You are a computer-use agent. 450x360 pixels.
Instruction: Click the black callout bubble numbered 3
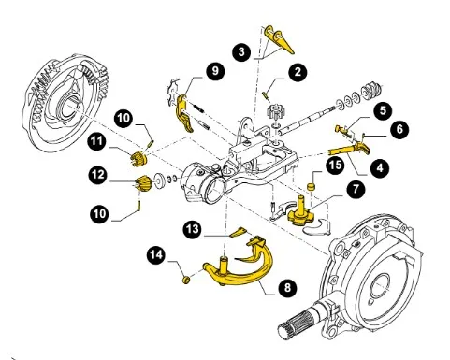coord(242,51)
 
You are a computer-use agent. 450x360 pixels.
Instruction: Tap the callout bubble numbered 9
coord(215,71)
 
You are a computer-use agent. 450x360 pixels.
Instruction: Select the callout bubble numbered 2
coord(298,72)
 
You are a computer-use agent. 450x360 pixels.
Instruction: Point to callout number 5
coord(383,110)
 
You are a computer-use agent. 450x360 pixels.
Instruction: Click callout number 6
coord(399,129)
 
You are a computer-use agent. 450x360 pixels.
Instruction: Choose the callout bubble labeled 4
coord(380,168)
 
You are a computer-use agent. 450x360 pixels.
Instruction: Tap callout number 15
coord(335,165)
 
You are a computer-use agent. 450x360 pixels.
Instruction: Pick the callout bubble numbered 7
coord(356,189)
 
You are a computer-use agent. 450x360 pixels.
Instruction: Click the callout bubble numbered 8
coord(287,287)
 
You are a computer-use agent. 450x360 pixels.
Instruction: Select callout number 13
coord(193,229)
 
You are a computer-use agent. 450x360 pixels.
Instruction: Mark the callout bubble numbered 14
coord(156,255)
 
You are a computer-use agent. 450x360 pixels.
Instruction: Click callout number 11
coord(97,142)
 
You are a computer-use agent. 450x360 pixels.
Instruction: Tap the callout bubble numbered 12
coord(98,175)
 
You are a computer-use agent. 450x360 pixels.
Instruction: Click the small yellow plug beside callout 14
coord(186,280)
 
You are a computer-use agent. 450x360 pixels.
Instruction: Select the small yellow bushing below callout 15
coord(311,187)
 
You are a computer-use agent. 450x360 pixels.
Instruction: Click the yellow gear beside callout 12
coord(143,183)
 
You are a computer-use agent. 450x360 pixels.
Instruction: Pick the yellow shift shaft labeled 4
coord(349,149)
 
